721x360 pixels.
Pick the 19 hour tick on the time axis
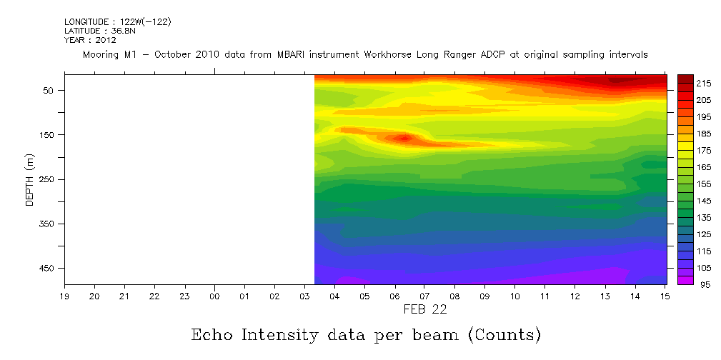click(64, 296)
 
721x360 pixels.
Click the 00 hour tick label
click(214, 296)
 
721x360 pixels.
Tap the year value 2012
click(106, 40)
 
